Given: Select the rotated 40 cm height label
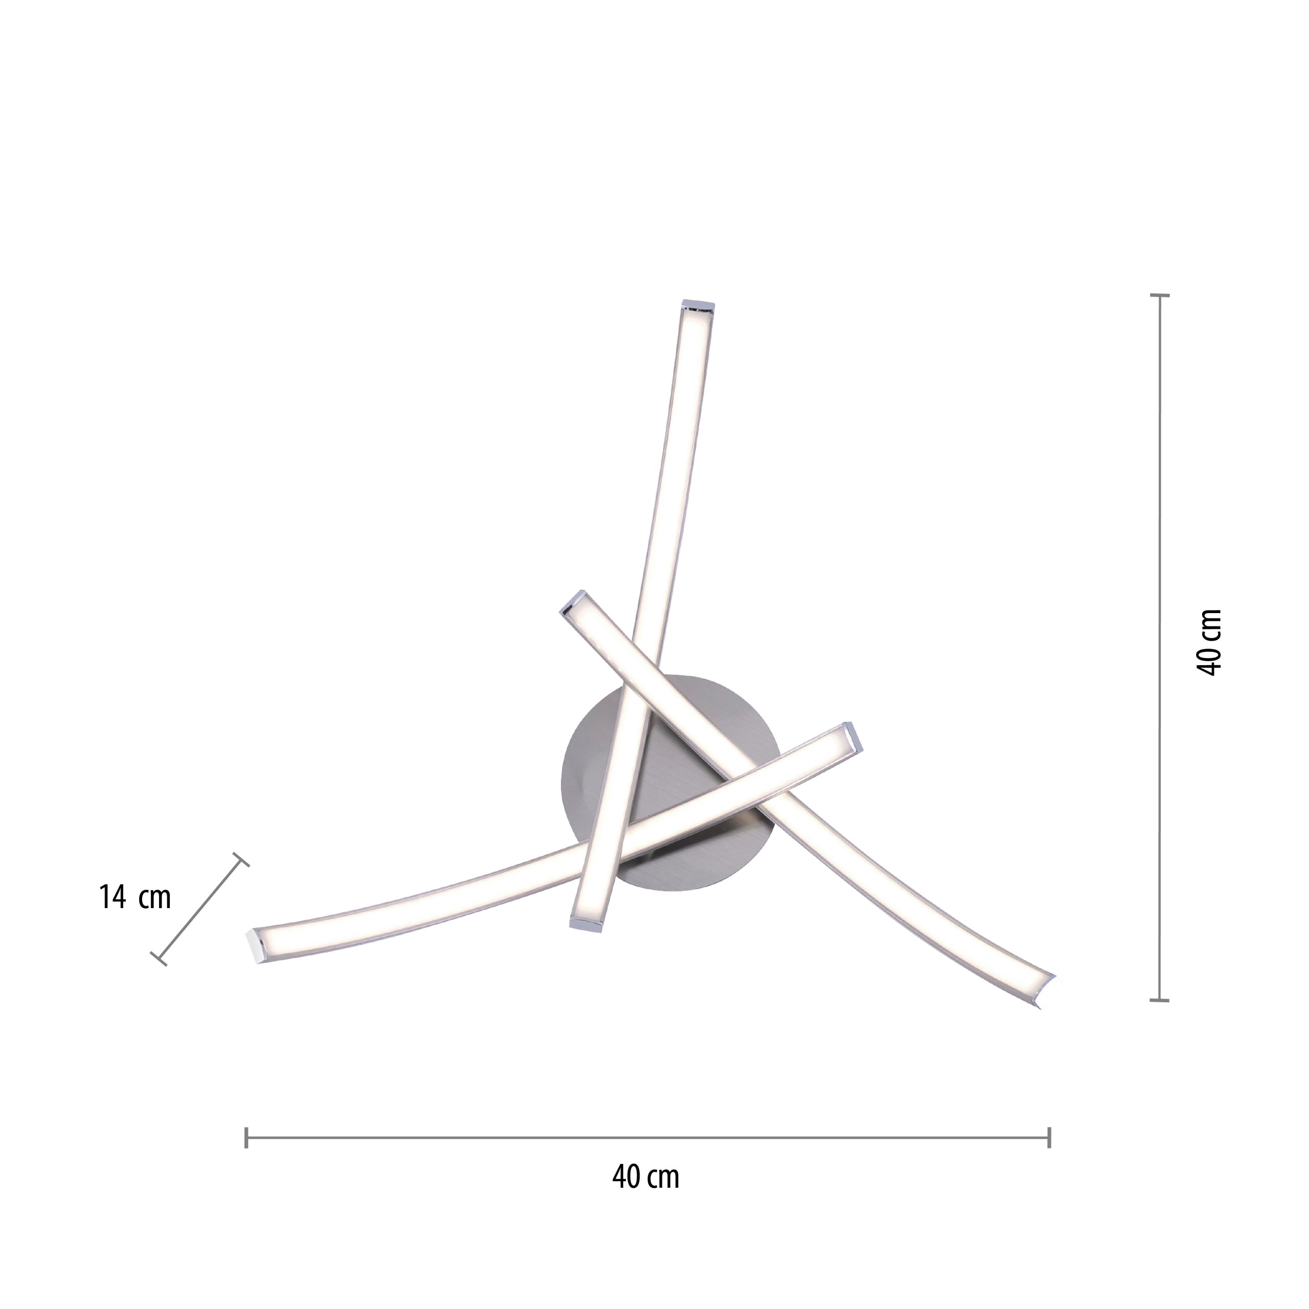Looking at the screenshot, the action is tap(1209, 642).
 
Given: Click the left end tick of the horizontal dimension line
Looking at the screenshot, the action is tap(246, 1138).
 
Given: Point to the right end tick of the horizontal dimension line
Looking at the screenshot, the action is tap(1049, 1138).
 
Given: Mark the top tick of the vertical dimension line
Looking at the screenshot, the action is tap(1160, 296).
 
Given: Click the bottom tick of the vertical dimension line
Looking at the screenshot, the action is tap(1160, 999).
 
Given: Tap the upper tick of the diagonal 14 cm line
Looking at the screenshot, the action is tap(241, 859).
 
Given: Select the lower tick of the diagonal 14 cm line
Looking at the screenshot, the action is tap(159, 959).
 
